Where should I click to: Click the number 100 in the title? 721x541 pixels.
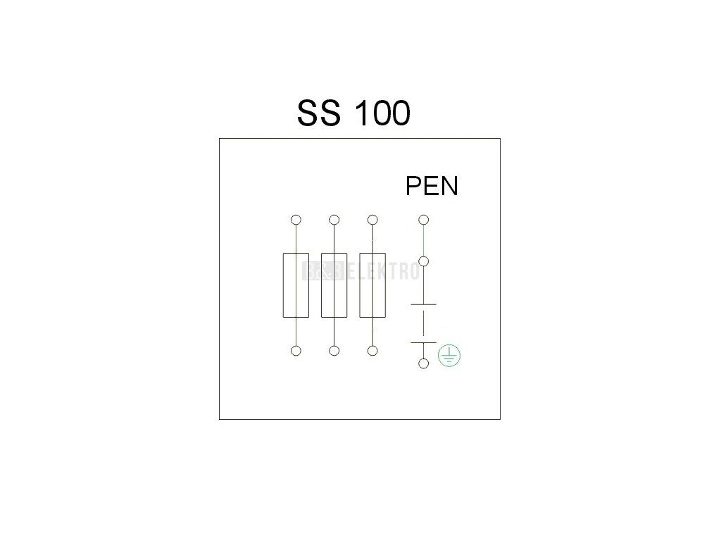[x=381, y=113]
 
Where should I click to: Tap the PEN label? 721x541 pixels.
[x=432, y=186]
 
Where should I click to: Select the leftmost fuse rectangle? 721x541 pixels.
[x=296, y=285]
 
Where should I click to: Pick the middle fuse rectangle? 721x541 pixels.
[x=334, y=285]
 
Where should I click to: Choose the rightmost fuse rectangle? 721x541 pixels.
[x=372, y=285]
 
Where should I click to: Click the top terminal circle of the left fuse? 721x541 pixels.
[x=296, y=220]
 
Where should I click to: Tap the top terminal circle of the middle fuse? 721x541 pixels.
[x=334, y=220]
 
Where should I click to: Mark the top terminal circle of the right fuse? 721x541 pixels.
[x=372, y=220]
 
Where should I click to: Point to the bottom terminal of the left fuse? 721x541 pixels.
[x=296, y=351]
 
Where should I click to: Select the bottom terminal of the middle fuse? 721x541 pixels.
[x=334, y=351]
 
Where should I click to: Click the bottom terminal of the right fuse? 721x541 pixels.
[x=372, y=351]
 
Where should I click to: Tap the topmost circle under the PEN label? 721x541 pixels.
[x=423, y=220]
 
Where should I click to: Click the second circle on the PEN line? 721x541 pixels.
[x=423, y=261]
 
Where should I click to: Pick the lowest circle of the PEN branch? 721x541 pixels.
[x=423, y=363]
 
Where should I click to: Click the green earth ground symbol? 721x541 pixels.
[x=449, y=357]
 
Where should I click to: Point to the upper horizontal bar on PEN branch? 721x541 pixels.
[x=423, y=304]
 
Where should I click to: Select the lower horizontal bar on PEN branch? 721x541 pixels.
[x=423, y=342]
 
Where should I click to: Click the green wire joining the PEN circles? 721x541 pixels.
[x=423, y=240]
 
